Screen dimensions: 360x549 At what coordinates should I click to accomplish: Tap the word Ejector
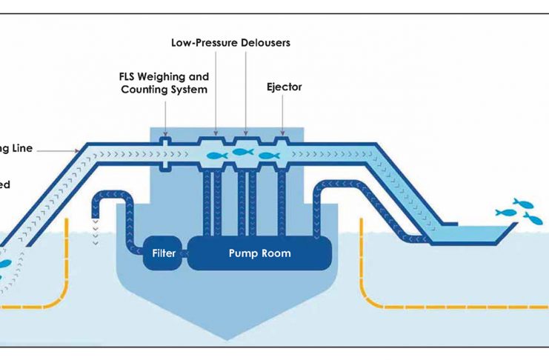point(284,87)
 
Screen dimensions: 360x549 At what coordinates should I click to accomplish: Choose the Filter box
point(163,253)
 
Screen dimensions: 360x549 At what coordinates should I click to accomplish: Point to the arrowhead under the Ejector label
point(282,136)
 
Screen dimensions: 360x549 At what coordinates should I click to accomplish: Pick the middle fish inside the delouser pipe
point(242,152)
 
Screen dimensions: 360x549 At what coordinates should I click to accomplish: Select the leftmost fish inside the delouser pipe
point(216,156)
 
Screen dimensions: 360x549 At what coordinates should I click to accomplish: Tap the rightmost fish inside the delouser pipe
point(268,156)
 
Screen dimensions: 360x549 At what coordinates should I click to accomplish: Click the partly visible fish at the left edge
point(4,264)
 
